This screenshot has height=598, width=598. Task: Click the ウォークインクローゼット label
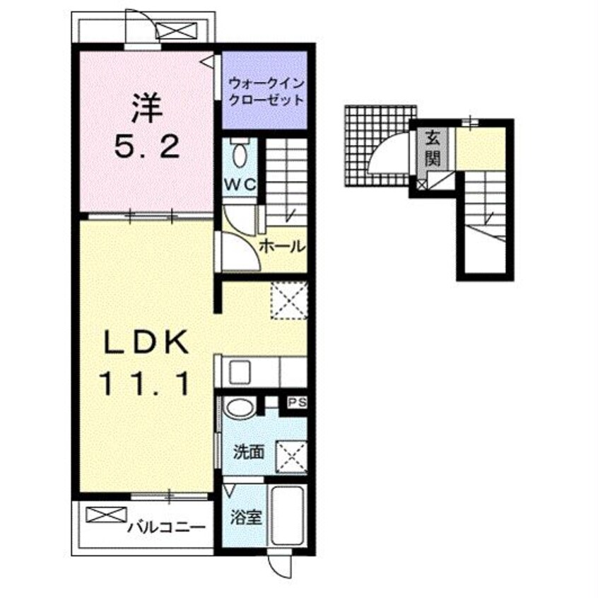[266, 91]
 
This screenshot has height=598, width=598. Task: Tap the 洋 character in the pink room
[147, 108]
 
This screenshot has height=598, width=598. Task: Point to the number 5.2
[147, 147]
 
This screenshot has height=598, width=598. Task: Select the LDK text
[146, 341]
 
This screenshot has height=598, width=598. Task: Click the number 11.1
[144, 384]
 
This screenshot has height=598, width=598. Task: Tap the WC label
[240, 185]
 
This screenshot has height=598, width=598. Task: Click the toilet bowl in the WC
[240, 153]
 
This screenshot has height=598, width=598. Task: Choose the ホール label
[283, 247]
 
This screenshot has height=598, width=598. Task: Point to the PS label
[297, 403]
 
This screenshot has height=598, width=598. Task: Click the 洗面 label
[249, 452]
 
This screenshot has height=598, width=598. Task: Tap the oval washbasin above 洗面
[239, 407]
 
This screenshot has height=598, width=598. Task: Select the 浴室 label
[246, 517]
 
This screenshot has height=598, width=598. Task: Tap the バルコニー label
[166, 527]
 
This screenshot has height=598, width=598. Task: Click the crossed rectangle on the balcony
[106, 515]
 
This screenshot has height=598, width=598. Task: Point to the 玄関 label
[433, 149]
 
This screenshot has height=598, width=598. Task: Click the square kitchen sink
[239, 373]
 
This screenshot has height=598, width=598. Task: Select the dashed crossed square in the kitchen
[288, 300]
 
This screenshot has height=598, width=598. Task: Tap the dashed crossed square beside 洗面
[291, 457]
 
